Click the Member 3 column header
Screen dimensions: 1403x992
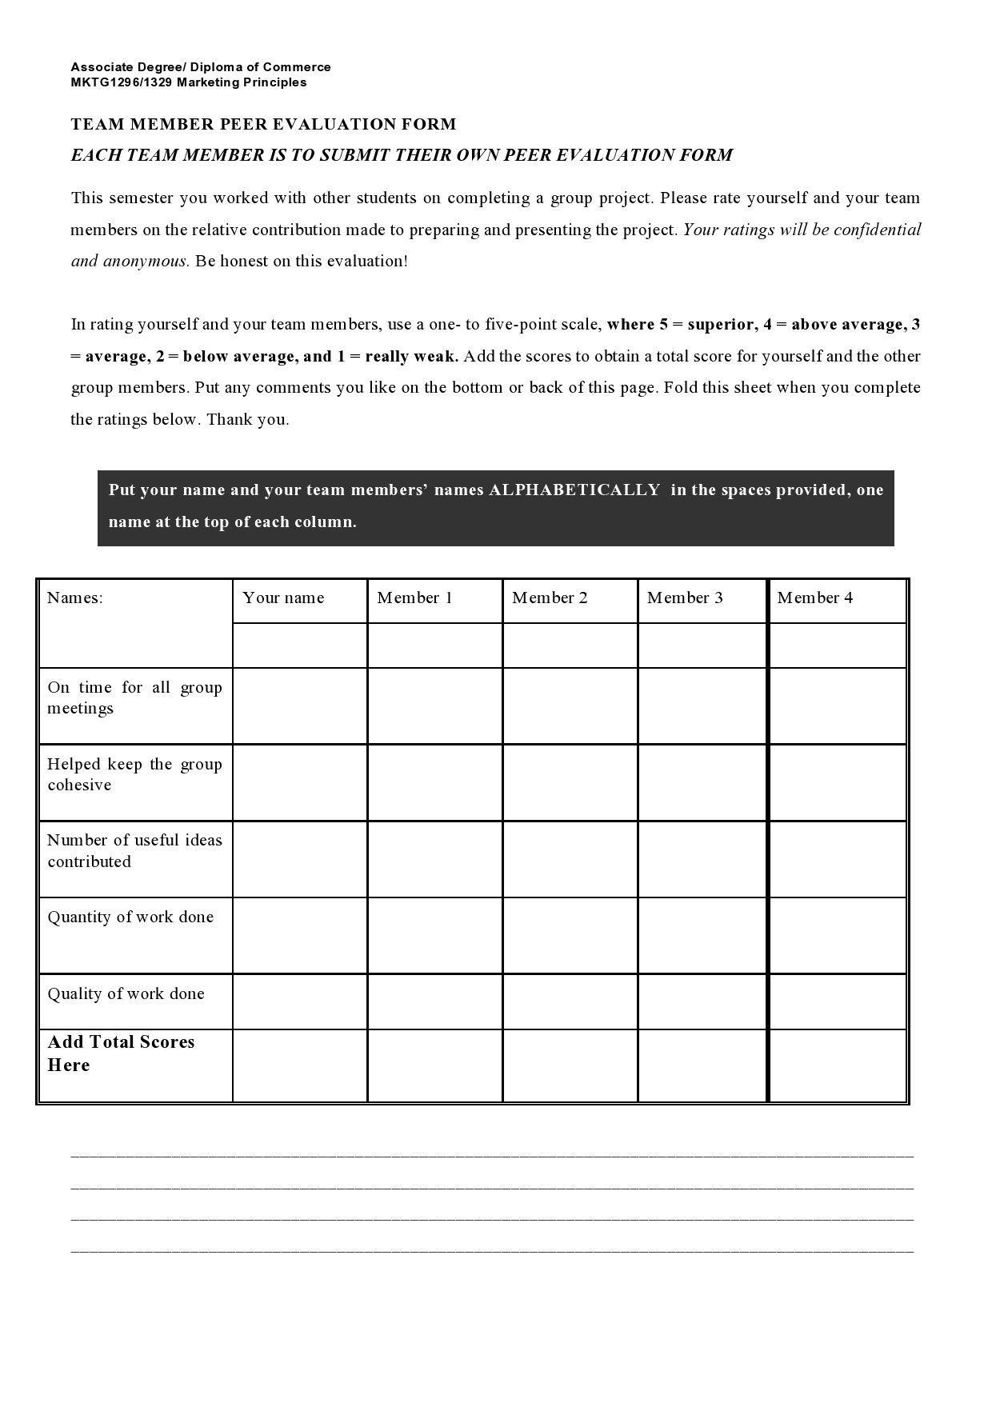685,598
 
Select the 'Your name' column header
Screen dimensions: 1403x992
283,598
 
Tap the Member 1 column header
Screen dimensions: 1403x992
414,598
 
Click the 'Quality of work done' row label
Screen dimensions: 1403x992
126,994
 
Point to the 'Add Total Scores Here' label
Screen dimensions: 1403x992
120,1053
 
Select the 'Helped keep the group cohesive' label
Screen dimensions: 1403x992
134,774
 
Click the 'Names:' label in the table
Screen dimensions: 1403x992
74,598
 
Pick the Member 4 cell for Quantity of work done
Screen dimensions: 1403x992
837,935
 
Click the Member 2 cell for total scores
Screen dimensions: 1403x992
570,1065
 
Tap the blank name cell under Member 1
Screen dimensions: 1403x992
434,646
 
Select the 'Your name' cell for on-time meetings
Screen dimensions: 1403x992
300,705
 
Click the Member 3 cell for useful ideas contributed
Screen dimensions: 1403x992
702,858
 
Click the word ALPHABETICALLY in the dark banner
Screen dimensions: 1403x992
574,490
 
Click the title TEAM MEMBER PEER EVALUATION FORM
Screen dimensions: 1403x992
263,124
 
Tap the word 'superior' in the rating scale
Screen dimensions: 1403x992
719,325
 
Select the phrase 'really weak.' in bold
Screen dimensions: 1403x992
411,357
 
